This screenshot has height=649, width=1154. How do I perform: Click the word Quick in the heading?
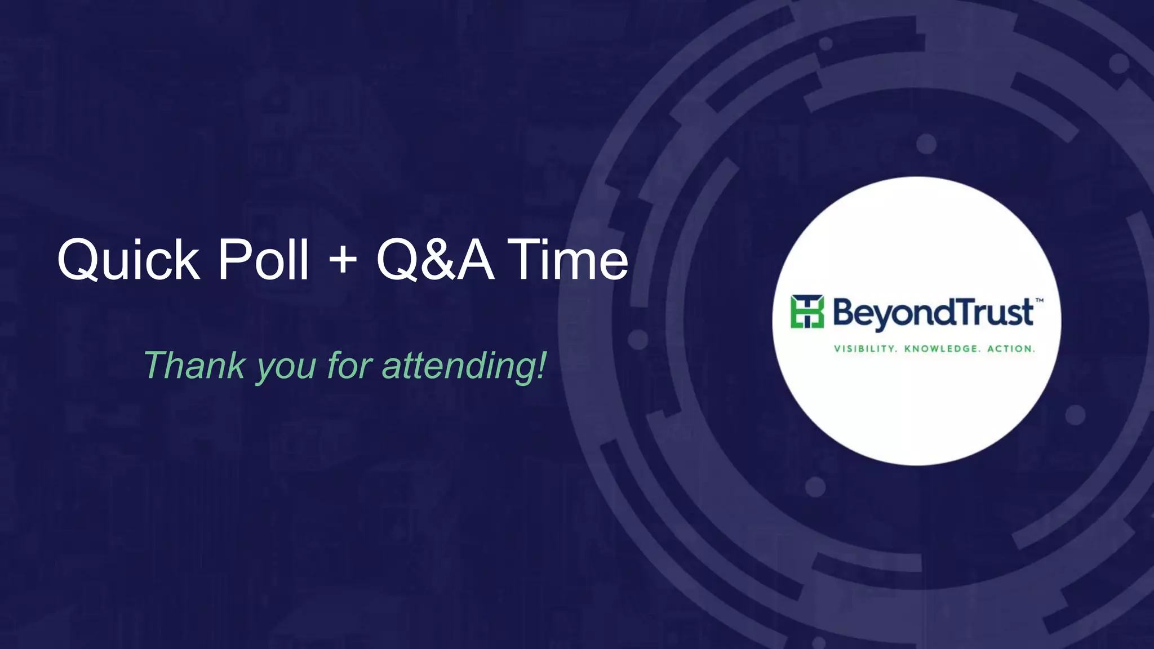pos(128,260)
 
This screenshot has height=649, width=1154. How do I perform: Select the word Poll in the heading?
pos(263,260)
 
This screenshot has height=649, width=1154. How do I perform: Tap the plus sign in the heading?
pos(342,261)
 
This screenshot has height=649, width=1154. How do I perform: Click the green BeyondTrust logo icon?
pos(807,311)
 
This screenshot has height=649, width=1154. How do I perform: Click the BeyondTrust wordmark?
pos(933,313)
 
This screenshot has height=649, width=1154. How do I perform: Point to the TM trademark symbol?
pos(1040,301)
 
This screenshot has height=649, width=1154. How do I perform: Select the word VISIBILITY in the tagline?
pos(865,349)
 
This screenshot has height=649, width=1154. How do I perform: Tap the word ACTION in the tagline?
pos(1011,349)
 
